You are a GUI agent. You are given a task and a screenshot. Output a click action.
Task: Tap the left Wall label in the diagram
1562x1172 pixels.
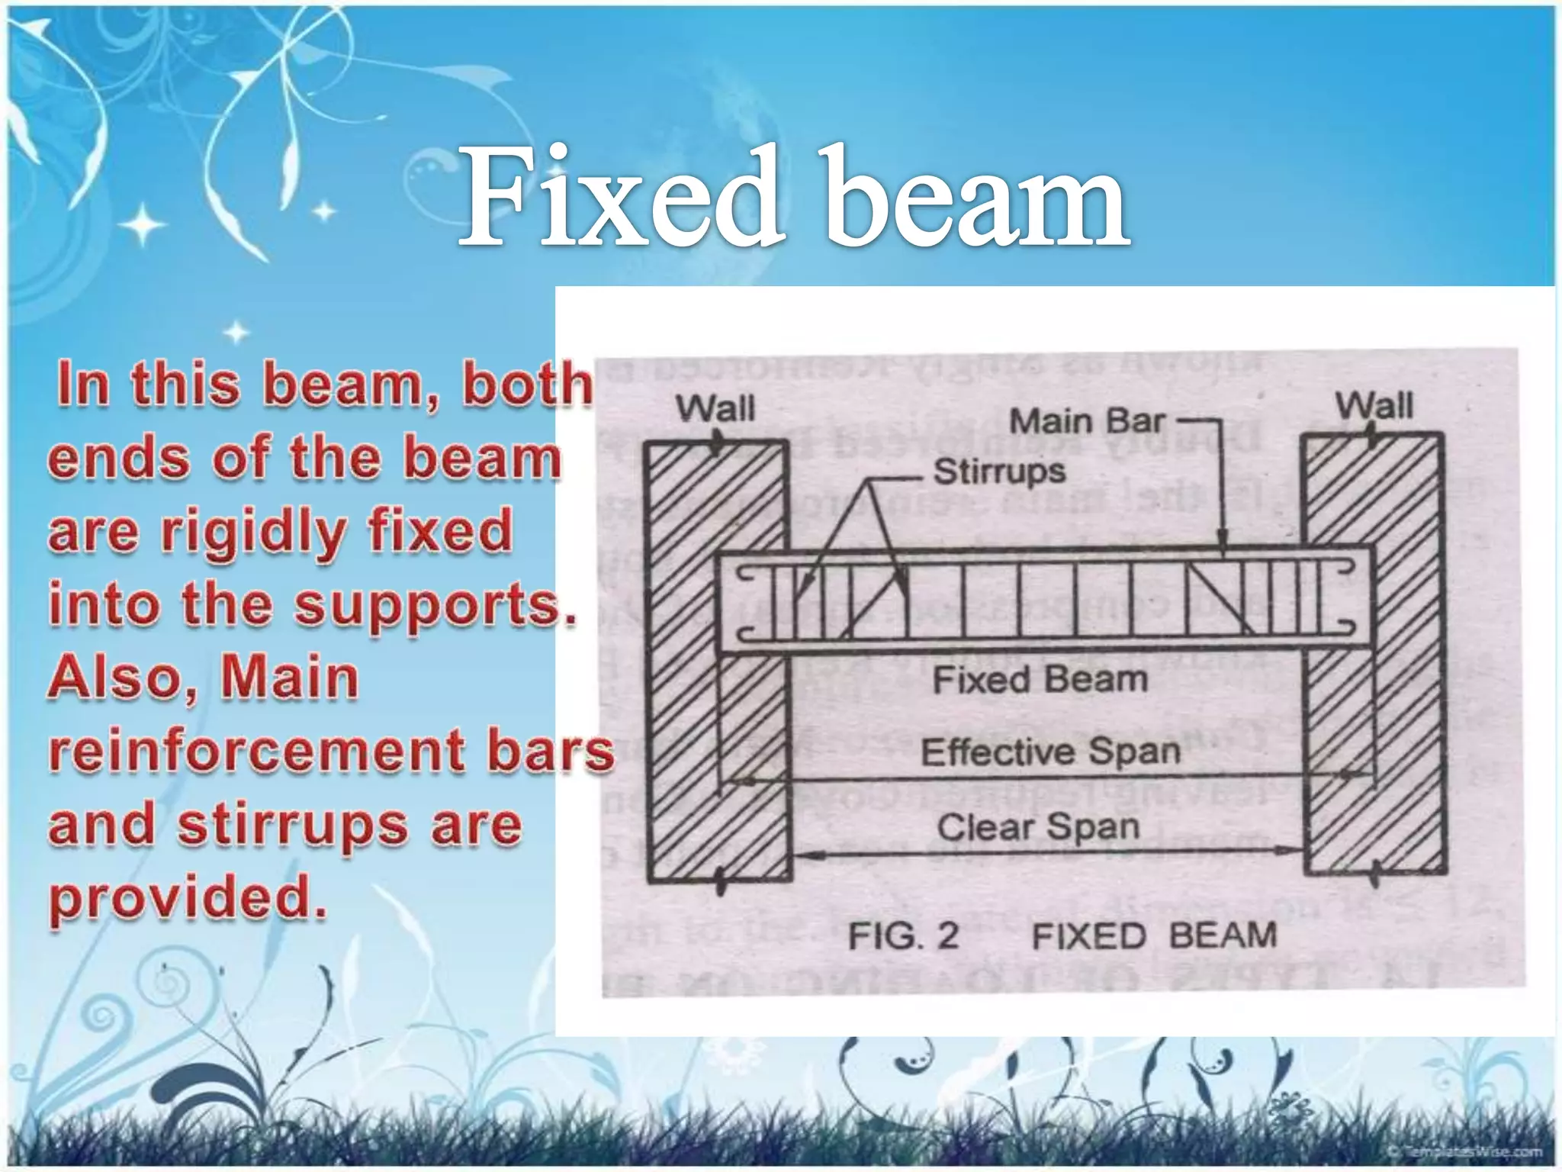[x=715, y=408]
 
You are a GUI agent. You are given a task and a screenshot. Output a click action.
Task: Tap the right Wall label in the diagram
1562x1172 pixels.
[x=1374, y=405]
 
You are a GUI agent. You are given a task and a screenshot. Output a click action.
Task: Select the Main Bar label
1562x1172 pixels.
[x=1088, y=421]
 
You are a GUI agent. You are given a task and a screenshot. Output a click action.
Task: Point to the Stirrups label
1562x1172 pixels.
[x=999, y=471]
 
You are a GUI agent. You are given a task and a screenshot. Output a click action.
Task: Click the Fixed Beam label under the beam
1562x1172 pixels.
[x=1040, y=679]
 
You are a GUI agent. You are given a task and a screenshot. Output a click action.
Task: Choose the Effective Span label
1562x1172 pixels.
[x=1051, y=752]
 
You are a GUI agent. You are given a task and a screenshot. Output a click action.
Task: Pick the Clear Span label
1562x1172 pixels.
[x=1039, y=827]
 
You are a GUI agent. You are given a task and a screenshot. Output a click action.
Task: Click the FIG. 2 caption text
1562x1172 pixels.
[x=904, y=936]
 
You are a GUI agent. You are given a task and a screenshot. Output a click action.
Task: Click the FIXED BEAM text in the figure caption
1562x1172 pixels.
[x=1154, y=936]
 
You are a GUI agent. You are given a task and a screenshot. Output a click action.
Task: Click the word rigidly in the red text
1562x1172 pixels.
[x=253, y=533]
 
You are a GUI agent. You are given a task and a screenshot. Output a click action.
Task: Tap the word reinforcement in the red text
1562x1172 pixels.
[x=256, y=751]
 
